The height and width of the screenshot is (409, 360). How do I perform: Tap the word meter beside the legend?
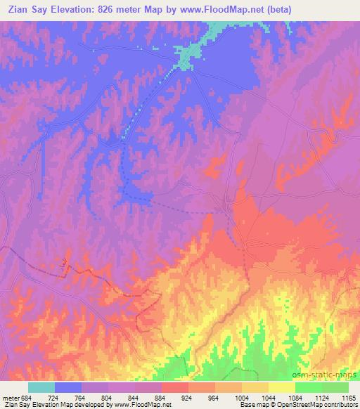coord(10,397)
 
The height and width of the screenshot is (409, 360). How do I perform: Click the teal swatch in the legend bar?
coord(41,387)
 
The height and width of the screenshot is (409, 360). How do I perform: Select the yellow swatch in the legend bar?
coord(282,387)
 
